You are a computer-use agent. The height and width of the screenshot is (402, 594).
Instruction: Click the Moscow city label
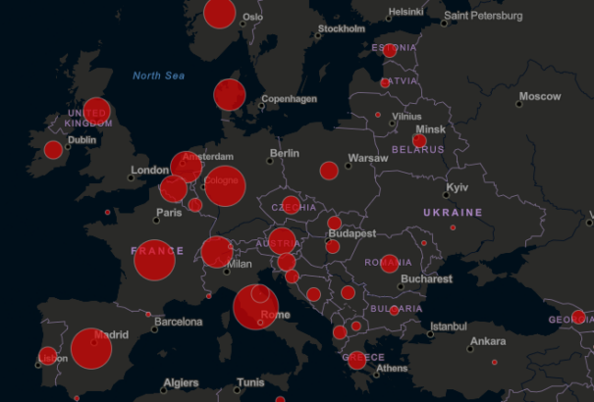click(539, 97)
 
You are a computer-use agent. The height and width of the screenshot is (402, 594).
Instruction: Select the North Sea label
click(160, 75)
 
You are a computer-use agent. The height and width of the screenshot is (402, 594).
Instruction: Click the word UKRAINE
click(453, 212)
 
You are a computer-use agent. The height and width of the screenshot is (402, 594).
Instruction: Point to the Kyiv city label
click(457, 187)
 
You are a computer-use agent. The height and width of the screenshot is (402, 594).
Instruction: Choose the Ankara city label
click(487, 342)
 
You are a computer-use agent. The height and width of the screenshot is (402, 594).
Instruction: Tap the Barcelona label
click(178, 322)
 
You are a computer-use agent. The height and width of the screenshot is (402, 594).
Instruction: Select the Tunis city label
click(250, 382)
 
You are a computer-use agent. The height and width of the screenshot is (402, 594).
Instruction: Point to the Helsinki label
click(405, 13)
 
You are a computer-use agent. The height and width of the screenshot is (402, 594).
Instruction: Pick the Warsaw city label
click(368, 158)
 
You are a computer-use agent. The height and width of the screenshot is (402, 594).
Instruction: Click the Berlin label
click(284, 153)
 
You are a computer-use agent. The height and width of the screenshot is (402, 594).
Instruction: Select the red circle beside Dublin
click(53, 150)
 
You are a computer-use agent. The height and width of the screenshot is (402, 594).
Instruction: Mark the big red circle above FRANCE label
click(154, 260)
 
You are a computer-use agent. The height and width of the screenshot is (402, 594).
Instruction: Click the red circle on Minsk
click(419, 141)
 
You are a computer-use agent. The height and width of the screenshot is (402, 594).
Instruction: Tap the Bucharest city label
click(425, 279)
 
